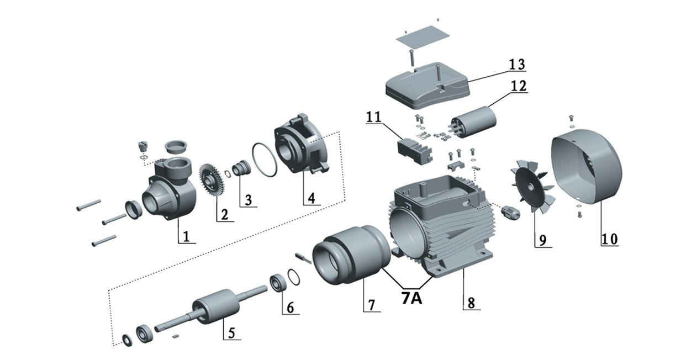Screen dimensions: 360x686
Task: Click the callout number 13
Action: [x=517, y=64]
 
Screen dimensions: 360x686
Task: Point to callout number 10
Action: [x=610, y=239]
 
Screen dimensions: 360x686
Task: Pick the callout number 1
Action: [x=187, y=237]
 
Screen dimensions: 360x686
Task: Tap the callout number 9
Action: [x=542, y=240]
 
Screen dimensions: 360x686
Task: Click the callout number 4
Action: [x=312, y=199]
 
